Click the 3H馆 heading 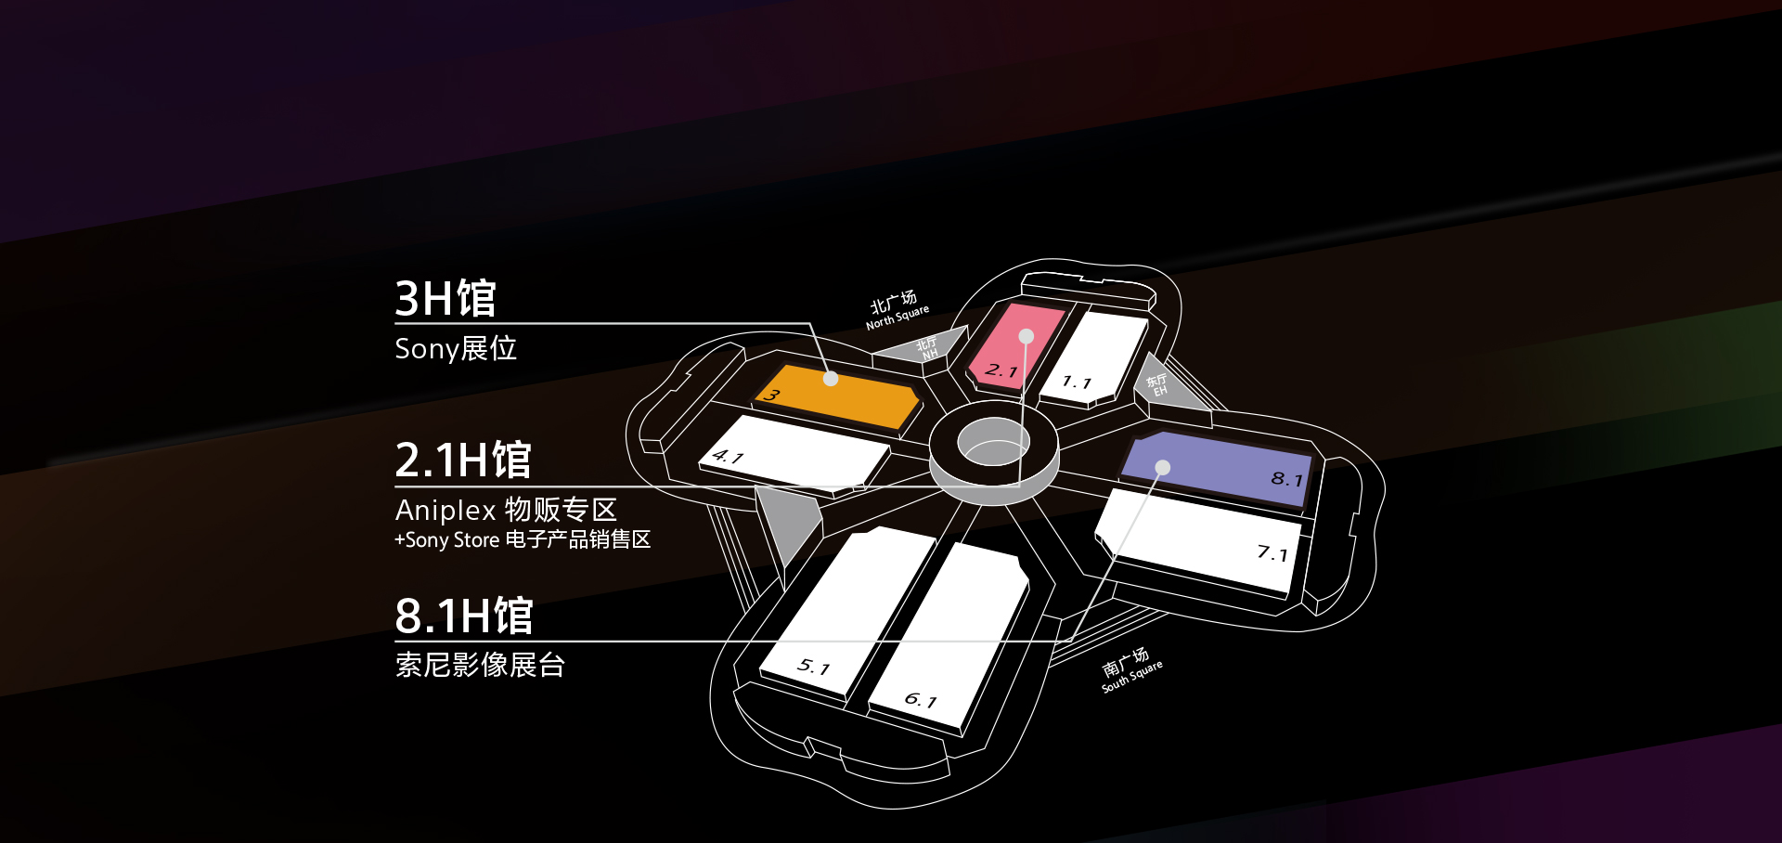[x=445, y=299]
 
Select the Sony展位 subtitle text [x=456, y=348]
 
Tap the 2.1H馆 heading [x=463, y=460]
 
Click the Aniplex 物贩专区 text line [x=506, y=510]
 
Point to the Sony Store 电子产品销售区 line [x=523, y=539]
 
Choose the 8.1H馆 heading [x=464, y=616]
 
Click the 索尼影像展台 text [x=480, y=665]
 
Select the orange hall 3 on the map [x=837, y=396]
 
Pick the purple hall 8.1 [x=1218, y=469]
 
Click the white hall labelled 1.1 [x=1093, y=357]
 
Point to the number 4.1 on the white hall [x=728, y=457]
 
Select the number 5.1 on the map [x=813, y=666]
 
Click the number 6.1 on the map [x=921, y=699]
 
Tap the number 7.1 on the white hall [x=1272, y=553]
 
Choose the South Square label [x=1131, y=670]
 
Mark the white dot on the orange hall [x=831, y=379]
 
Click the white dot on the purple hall [x=1162, y=467]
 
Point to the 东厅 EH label [x=1157, y=384]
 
